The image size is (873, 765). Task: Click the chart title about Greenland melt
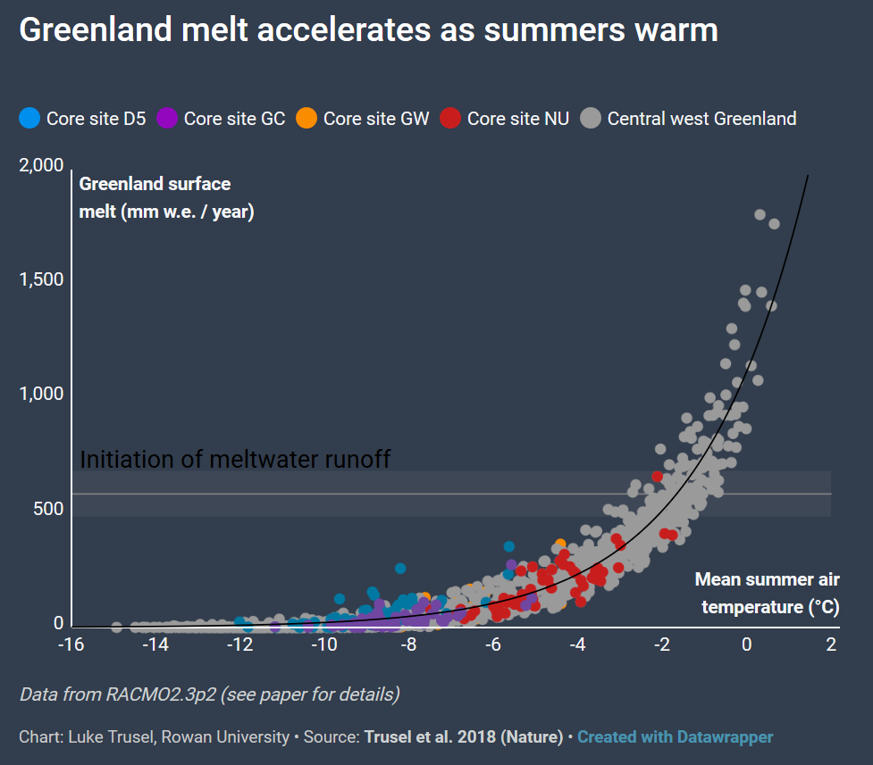(x=368, y=30)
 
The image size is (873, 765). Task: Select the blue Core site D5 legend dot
(x=29, y=118)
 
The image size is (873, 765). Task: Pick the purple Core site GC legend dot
(x=167, y=118)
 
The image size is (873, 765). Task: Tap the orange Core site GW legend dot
(x=306, y=118)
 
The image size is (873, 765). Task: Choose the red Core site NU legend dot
(x=451, y=118)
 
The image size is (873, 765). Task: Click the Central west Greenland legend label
(x=701, y=119)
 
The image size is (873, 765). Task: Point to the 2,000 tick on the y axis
(x=41, y=166)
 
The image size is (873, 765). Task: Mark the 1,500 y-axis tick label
(x=41, y=280)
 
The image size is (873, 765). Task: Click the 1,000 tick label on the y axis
(x=41, y=395)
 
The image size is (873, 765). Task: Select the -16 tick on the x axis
(x=71, y=644)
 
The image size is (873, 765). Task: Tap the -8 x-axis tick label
(x=408, y=644)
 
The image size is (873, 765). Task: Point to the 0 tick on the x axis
(x=747, y=644)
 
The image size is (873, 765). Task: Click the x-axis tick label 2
(x=831, y=644)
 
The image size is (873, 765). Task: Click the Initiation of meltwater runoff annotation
(x=236, y=460)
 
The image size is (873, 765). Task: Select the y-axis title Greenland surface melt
(x=167, y=198)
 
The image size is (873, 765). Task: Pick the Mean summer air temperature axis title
(x=767, y=594)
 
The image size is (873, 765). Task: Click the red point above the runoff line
(x=658, y=476)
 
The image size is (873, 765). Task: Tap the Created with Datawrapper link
(x=675, y=737)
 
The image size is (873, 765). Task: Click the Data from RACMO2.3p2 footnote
(x=209, y=694)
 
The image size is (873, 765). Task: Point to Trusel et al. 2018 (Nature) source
(x=463, y=737)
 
